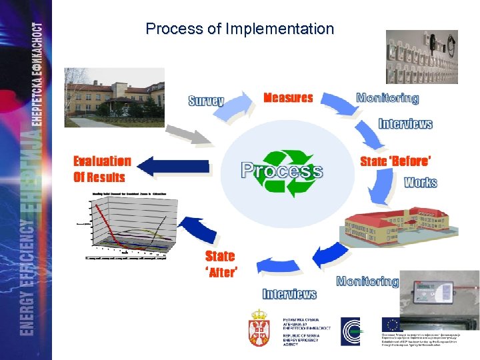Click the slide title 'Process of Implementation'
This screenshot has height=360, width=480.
coord(239,29)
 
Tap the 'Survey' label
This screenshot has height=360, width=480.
coord(206,101)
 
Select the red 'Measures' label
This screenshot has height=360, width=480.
coord(288,98)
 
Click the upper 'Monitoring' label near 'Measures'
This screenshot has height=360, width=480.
coord(387,98)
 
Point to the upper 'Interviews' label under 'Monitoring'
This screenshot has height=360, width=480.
coord(405,124)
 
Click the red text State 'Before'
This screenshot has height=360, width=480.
coord(395,161)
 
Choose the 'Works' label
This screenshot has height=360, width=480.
coord(420,182)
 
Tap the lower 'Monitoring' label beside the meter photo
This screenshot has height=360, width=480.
coord(367,281)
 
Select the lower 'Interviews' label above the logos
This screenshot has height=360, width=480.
coord(289,294)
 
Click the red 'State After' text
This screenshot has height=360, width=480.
coord(221,264)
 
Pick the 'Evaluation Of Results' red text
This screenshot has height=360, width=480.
coord(101,169)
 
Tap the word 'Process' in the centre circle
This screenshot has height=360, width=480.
coord(282,171)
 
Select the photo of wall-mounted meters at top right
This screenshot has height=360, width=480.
coord(422,57)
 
